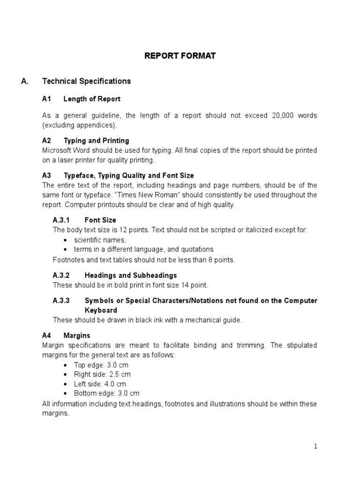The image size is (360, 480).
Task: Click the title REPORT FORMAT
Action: (180, 56)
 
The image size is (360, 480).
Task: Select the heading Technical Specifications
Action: (86, 81)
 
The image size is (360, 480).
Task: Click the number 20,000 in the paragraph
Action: (284, 116)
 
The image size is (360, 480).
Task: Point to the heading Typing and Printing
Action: (96, 141)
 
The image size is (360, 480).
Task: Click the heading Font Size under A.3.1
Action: (100, 220)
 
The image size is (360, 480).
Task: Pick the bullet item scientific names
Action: (100, 240)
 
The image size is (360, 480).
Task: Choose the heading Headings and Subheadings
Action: (130, 275)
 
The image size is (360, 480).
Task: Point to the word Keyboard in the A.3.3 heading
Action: (101, 310)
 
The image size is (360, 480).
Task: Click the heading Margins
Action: (77, 336)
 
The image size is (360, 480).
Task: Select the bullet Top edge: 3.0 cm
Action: (101, 365)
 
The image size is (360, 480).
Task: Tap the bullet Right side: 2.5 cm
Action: (102, 374)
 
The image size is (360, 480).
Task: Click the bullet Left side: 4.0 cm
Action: (100, 383)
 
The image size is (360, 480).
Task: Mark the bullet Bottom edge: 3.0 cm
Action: (106, 393)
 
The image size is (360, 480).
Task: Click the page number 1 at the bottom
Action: (315, 447)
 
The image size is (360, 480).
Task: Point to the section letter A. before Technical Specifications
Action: (25, 81)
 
